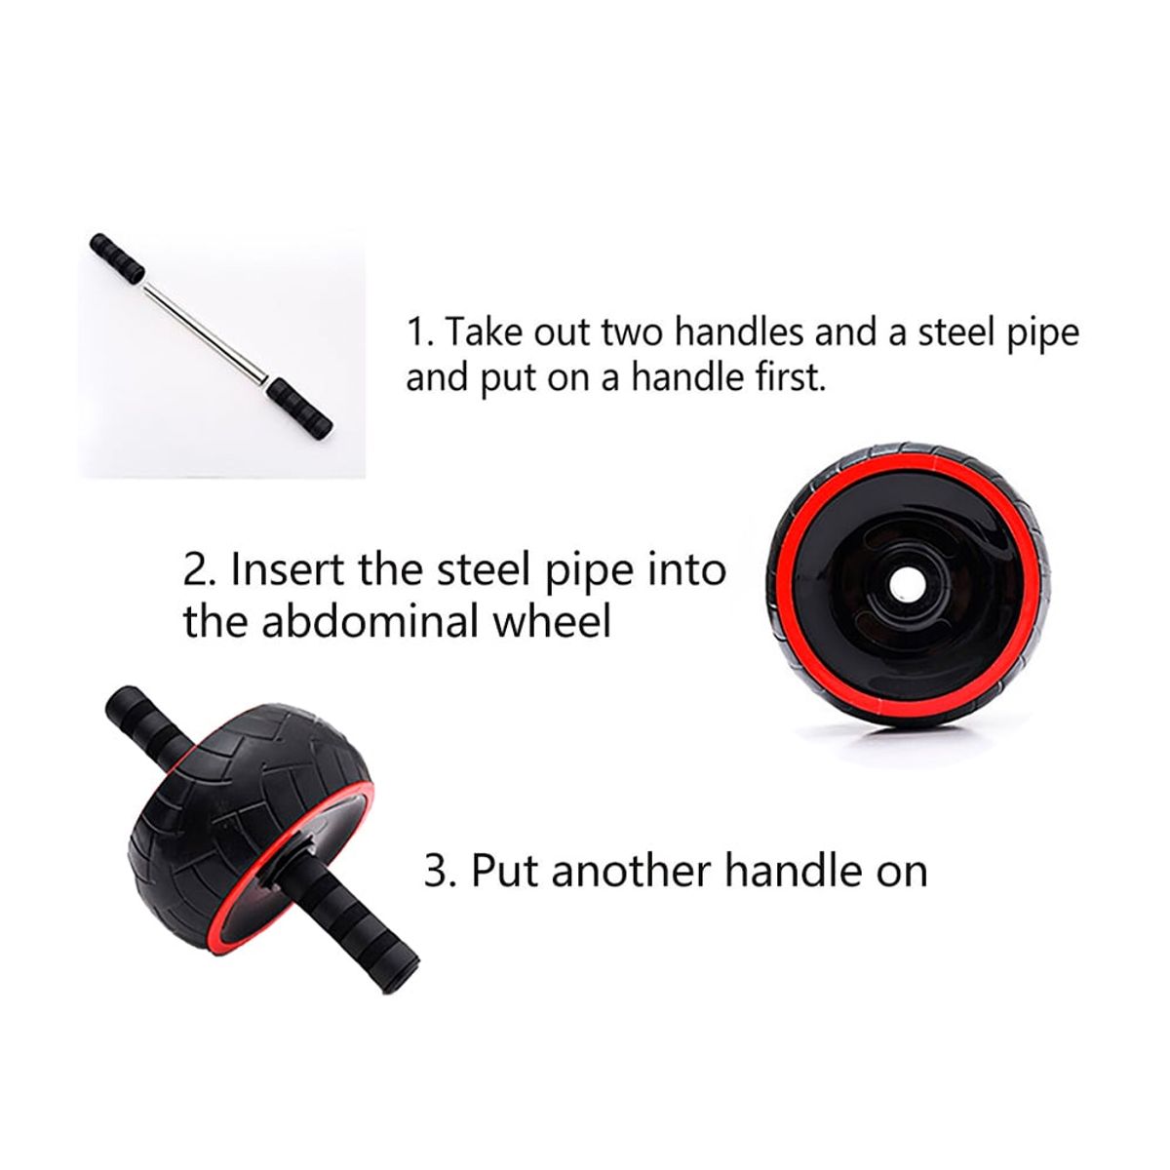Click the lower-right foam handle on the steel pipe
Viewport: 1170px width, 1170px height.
(300, 408)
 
